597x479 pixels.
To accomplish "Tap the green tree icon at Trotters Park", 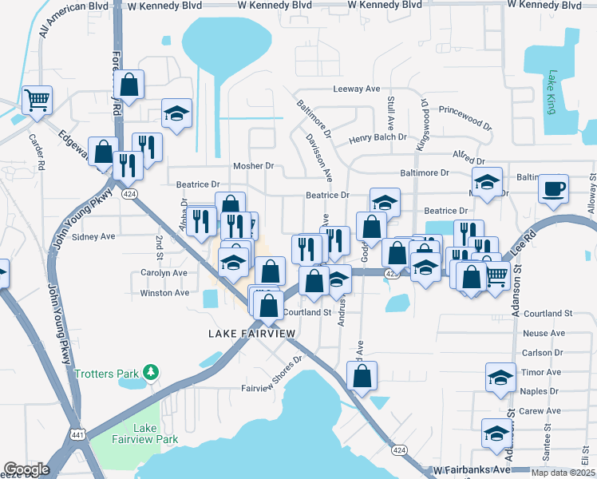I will click(x=149, y=373).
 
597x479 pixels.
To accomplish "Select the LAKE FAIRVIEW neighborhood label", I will click(x=251, y=333).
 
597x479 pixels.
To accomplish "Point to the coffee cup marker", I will click(x=553, y=190).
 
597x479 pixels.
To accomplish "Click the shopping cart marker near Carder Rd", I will click(x=37, y=101).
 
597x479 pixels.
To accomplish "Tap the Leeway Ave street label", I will click(x=356, y=89).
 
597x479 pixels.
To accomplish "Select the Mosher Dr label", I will click(x=253, y=166).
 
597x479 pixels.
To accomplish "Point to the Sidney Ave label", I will click(x=94, y=236).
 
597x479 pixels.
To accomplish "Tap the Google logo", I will click(x=26, y=469).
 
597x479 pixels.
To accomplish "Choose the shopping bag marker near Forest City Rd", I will click(x=128, y=84).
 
